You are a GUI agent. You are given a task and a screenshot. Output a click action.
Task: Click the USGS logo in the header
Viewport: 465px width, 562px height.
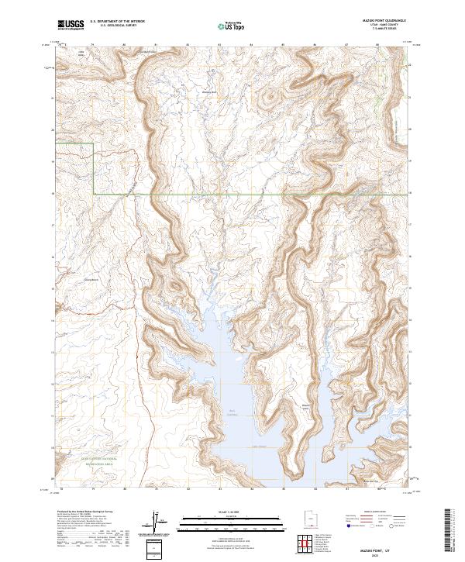[x=71, y=25]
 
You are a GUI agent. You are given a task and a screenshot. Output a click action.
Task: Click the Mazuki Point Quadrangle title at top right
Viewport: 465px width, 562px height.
[x=384, y=21]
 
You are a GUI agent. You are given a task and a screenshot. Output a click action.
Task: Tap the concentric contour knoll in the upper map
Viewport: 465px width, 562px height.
[x=270, y=98]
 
